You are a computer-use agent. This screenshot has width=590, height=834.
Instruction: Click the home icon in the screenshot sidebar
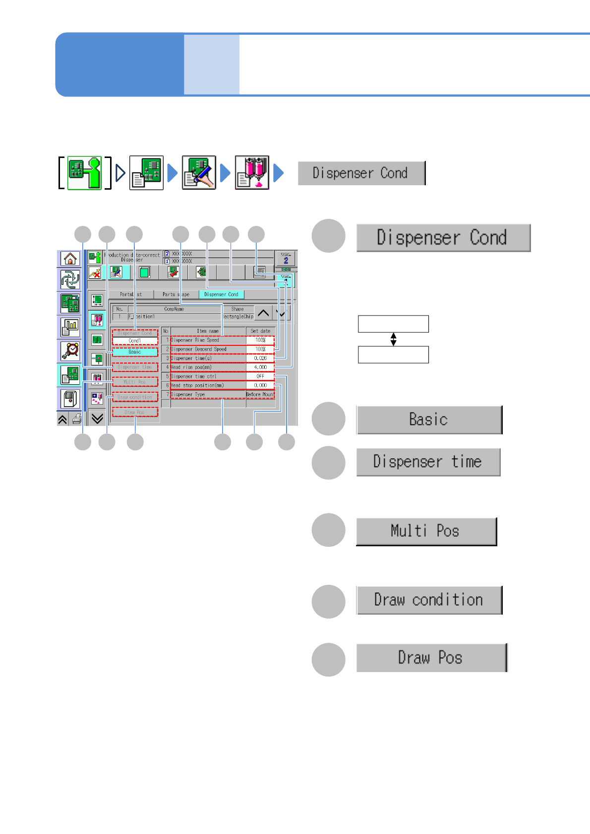click(x=70, y=259)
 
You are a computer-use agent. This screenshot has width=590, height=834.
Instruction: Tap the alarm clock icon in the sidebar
click(x=70, y=351)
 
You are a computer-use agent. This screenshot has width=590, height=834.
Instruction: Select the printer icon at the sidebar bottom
click(x=76, y=419)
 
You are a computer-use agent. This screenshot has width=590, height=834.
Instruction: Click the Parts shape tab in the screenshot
click(x=176, y=294)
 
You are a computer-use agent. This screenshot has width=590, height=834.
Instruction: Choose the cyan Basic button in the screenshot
click(x=135, y=352)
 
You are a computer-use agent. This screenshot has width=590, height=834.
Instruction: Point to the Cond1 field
click(x=135, y=341)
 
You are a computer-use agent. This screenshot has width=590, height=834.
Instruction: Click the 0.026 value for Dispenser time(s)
click(x=260, y=358)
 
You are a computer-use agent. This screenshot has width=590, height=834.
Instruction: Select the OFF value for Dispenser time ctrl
click(x=260, y=376)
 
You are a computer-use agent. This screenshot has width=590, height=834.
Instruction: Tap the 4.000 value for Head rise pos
click(x=260, y=367)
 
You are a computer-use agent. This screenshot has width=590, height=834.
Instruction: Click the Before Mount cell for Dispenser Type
click(x=260, y=395)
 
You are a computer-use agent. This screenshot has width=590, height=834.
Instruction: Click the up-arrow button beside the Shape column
click(x=263, y=313)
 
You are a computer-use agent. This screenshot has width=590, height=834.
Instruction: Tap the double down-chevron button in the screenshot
click(x=97, y=419)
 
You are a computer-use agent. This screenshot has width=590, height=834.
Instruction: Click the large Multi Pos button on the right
click(x=426, y=531)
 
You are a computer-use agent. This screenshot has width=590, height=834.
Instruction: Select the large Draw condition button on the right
click(x=429, y=600)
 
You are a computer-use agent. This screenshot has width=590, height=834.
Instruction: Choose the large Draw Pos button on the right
click(x=431, y=658)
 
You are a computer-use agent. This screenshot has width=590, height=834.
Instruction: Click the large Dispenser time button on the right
click(x=428, y=462)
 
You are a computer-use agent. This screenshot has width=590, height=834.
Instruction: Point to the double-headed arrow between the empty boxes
click(x=393, y=339)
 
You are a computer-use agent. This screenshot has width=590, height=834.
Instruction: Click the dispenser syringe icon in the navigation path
click(x=252, y=173)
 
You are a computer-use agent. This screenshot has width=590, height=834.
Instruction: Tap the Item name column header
click(x=208, y=331)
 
